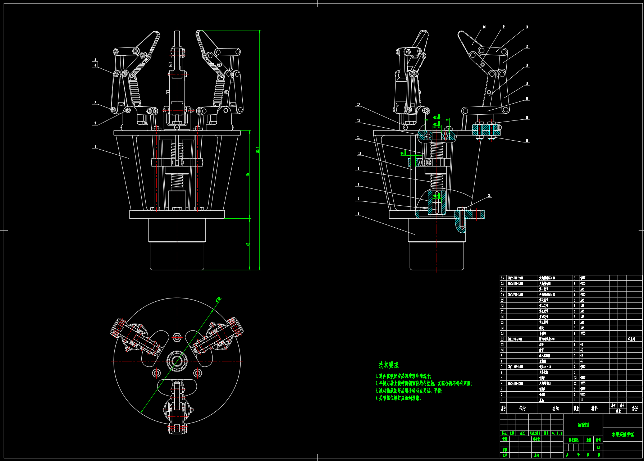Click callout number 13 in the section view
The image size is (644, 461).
coord(358,104)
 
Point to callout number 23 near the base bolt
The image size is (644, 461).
coord(489,196)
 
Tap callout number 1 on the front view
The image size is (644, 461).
coord(95,147)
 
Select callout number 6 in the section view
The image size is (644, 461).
coord(358,214)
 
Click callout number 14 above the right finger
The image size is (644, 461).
coord(484,27)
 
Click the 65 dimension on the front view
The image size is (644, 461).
coord(248,244)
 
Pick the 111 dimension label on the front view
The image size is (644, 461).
coord(248,174)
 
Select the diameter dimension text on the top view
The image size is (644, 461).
coord(218,299)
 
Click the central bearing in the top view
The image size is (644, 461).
coord(177,361)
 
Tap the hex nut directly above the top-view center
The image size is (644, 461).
coord(177,337)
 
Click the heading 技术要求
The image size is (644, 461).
coord(388,365)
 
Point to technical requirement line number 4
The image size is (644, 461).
coord(398,398)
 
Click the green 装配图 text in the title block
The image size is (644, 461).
coord(583,425)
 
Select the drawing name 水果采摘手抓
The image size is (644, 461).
coord(623,434)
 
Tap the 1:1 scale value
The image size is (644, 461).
coord(598,448)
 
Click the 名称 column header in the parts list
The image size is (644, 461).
coord(556,408)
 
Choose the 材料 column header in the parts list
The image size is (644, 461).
coord(594,408)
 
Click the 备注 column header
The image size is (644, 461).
coord(635,408)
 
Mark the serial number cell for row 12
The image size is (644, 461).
coord(502,339)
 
